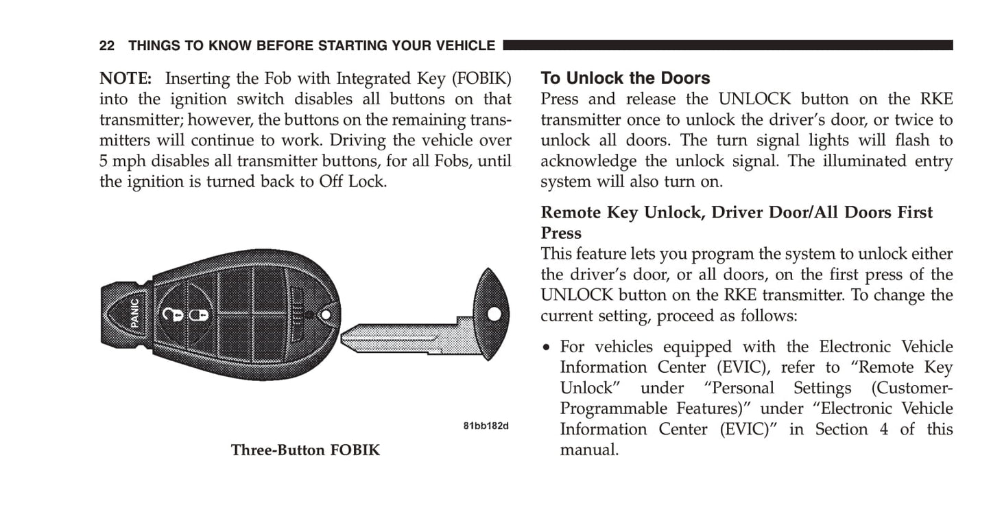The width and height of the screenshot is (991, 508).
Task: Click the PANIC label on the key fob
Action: tap(135, 313)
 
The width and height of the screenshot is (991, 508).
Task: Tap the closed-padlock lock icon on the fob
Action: tap(199, 315)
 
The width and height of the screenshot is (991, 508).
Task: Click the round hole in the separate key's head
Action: tap(494, 314)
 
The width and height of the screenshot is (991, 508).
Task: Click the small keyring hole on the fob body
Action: tap(325, 315)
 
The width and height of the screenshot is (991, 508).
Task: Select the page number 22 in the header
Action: tap(106, 45)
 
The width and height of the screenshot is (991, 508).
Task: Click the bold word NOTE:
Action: tap(126, 78)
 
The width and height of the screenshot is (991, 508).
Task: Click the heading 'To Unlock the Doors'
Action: tap(625, 78)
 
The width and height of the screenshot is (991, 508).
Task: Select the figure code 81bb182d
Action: tap(486, 426)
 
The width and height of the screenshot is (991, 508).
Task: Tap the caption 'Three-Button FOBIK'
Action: tap(305, 450)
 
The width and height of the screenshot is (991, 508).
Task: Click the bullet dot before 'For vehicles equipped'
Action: tap(547, 347)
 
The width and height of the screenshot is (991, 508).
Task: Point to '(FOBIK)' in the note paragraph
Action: tap(481, 78)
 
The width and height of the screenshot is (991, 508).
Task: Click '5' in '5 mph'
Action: tap(103, 161)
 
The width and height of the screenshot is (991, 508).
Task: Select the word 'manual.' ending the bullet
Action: tap(589, 450)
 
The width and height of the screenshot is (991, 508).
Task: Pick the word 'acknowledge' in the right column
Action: tap(588, 161)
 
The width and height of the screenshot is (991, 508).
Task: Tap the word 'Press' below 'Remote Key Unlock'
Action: tap(561, 233)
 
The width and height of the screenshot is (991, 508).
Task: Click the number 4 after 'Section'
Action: tap(884, 429)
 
